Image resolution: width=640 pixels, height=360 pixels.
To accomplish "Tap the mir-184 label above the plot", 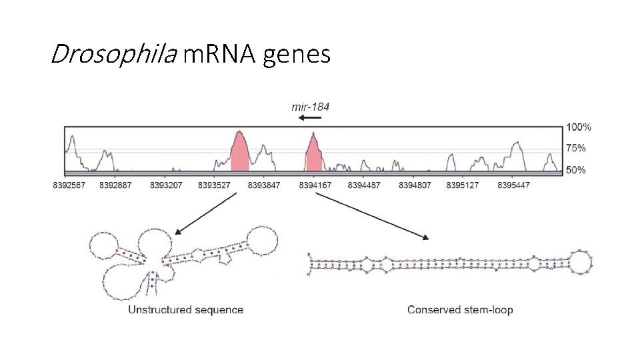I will click(x=310, y=105).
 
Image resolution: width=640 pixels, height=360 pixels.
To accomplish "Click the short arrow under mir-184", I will click(x=310, y=118).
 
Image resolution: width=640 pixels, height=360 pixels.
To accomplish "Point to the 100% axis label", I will click(x=578, y=127).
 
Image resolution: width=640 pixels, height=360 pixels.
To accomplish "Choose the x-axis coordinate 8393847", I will click(x=264, y=185).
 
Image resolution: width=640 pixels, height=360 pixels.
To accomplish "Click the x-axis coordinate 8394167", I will click(x=315, y=185).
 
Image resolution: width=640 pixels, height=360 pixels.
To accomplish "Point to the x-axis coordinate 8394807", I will click(x=415, y=185).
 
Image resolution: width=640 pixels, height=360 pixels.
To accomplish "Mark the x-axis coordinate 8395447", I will click(x=513, y=185).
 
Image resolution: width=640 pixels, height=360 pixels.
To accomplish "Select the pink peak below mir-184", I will click(x=314, y=156).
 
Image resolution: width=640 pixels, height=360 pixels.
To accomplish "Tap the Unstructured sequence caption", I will click(x=185, y=309).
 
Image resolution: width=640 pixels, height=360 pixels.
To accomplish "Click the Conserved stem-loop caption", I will click(x=459, y=309).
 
